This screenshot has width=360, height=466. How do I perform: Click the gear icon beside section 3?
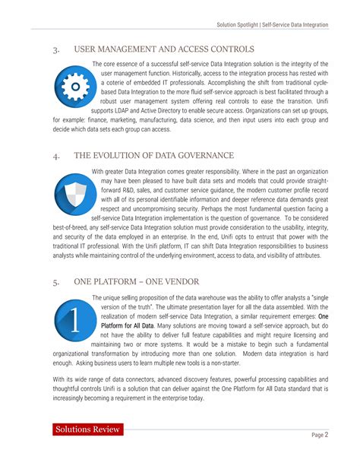click(73, 89)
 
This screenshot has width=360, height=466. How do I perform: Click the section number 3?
click(56, 50)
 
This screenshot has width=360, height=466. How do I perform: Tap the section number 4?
click(56, 157)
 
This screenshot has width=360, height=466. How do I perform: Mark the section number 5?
click(56, 281)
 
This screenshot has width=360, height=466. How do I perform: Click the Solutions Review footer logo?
click(87, 430)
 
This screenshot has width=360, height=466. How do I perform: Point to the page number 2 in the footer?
click(327, 435)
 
